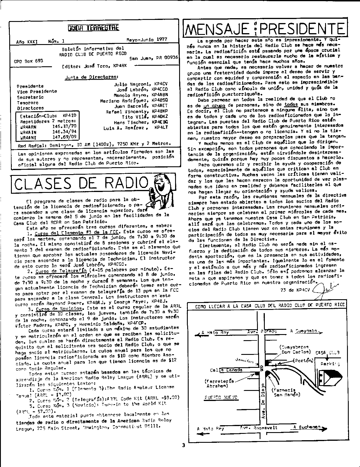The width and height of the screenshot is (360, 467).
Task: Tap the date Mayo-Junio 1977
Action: [147, 39]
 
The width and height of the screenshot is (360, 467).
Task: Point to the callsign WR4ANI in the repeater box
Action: [28, 138]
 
